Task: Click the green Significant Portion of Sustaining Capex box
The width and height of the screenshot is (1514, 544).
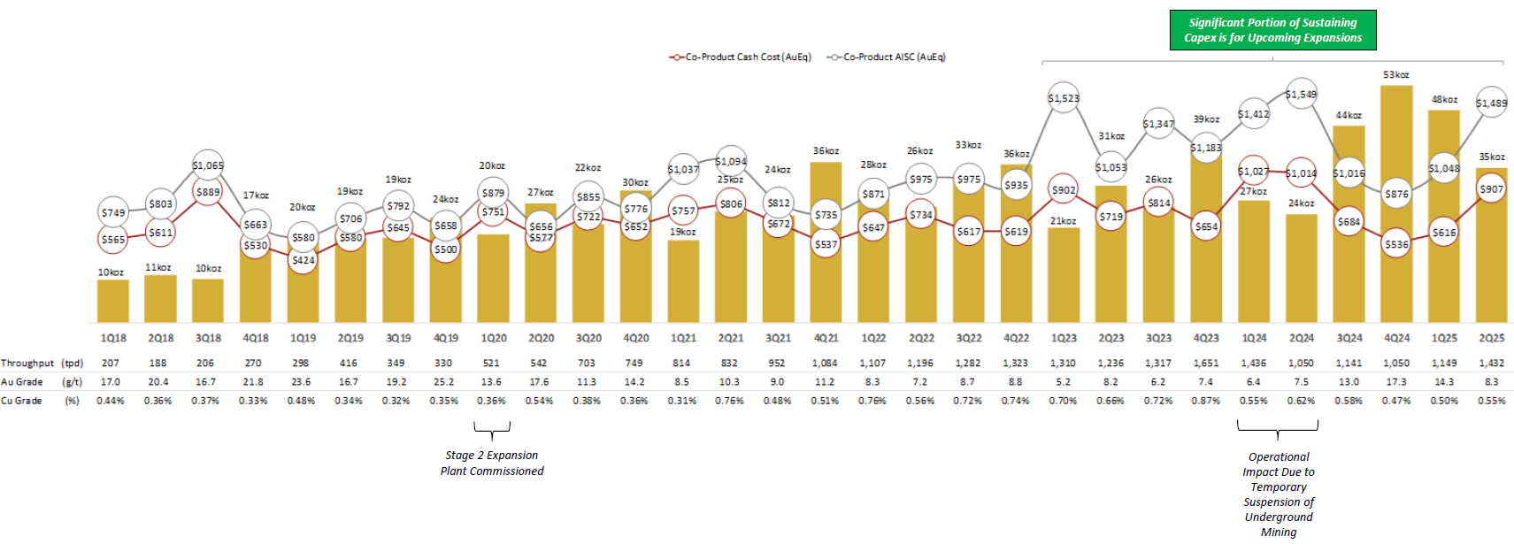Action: (x=1272, y=30)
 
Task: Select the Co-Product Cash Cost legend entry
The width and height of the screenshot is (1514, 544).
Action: (x=743, y=57)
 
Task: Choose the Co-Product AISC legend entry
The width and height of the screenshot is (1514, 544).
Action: (x=889, y=57)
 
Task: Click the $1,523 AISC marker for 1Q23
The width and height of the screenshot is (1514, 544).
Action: (x=1063, y=98)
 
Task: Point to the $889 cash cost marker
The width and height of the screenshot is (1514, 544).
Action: (x=208, y=192)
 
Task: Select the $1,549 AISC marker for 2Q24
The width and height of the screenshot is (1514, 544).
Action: (x=1301, y=94)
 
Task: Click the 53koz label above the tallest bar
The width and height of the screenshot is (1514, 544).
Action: (x=1395, y=75)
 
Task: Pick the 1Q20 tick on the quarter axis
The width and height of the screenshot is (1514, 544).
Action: (x=494, y=338)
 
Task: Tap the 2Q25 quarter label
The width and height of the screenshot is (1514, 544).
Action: (x=1491, y=338)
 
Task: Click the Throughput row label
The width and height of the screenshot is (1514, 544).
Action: (x=27, y=364)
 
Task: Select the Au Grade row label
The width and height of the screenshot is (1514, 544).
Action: (x=22, y=382)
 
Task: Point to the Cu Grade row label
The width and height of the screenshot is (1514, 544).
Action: (x=22, y=401)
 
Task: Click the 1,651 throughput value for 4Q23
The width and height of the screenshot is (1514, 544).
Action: (x=1205, y=364)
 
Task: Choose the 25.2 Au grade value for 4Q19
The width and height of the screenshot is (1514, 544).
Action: (x=443, y=382)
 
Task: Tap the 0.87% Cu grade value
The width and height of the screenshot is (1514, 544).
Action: (x=1205, y=401)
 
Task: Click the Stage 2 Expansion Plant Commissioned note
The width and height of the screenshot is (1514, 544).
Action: (x=492, y=463)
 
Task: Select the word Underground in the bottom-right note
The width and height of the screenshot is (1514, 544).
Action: (x=1278, y=517)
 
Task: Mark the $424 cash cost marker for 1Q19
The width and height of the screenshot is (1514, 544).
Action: (x=303, y=260)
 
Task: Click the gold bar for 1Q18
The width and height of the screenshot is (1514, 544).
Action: (x=112, y=301)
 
